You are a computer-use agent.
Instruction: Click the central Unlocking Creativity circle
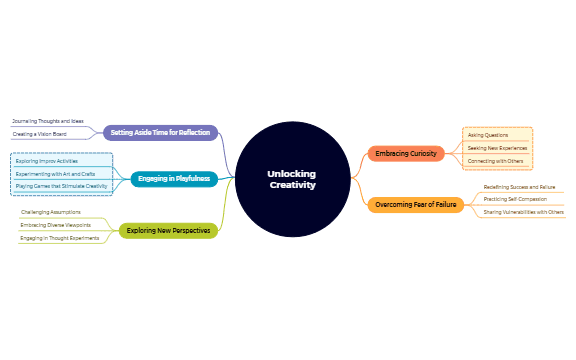tap(292, 179)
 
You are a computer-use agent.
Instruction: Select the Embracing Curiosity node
tap(406, 153)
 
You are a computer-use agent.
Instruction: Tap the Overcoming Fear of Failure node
tap(416, 205)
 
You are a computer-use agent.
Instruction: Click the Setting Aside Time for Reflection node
tap(160, 132)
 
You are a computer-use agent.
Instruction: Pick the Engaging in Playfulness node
tap(174, 179)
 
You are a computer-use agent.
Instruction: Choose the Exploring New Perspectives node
tap(168, 231)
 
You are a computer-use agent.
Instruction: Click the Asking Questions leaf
tap(488, 135)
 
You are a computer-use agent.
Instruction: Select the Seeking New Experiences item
tap(497, 148)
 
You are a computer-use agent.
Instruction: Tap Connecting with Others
tap(496, 161)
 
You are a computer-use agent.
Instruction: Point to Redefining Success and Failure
tap(519, 187)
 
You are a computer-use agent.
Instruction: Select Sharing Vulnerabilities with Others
tap(523, 212)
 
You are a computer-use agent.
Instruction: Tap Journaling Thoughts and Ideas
tap(48, 121)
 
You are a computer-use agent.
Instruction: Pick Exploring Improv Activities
tap(47, 160)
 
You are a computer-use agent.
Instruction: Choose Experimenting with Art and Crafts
tap(56, 173)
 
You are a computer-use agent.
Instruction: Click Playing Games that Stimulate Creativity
tap(62, 186)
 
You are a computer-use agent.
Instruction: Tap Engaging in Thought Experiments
tap(60, 238)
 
